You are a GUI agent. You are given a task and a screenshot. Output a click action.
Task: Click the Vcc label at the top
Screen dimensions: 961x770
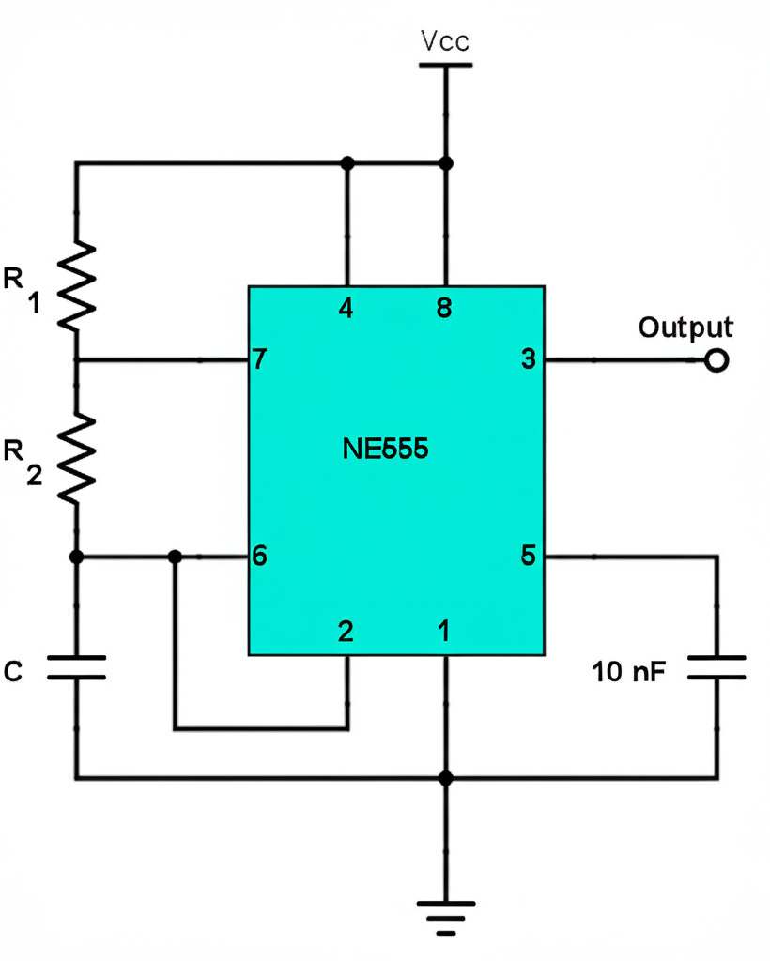point(445,41)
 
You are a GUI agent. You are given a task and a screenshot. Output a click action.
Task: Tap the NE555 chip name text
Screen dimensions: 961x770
point(385,450)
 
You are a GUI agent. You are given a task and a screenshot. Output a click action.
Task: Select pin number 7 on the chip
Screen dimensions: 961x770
point(259,359)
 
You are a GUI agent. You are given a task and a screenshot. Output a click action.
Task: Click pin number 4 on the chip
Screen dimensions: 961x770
point(346,308)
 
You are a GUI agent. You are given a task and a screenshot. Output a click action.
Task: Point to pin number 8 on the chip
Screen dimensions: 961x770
point(444,308)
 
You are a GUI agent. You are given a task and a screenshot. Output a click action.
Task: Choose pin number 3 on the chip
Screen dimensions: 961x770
point(528,359)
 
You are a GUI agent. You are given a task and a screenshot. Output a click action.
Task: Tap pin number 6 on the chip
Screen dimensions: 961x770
point(259,556)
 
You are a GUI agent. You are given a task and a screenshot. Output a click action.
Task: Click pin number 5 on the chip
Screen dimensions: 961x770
point(528,556)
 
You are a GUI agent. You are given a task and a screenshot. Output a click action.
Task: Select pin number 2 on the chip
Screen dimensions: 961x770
point(346,632)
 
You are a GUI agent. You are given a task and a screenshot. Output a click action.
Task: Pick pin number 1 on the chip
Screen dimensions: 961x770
point(444,632)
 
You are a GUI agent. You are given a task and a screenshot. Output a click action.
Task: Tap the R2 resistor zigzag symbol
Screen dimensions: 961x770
point(77,459)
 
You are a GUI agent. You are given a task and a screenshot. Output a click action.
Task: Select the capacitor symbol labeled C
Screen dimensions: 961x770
point(77,667)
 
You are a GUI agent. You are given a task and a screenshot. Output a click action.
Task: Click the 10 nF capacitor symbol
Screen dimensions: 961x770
point(717,667)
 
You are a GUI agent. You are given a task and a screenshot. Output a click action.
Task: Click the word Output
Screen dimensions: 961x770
point(685,328)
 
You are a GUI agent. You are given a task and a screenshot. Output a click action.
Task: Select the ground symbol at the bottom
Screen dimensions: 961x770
point(445,916)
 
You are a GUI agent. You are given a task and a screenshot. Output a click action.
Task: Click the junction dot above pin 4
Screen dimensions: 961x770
point(347,163)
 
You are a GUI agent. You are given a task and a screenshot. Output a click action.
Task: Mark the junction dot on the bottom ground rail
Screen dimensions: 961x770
point(445,778)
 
